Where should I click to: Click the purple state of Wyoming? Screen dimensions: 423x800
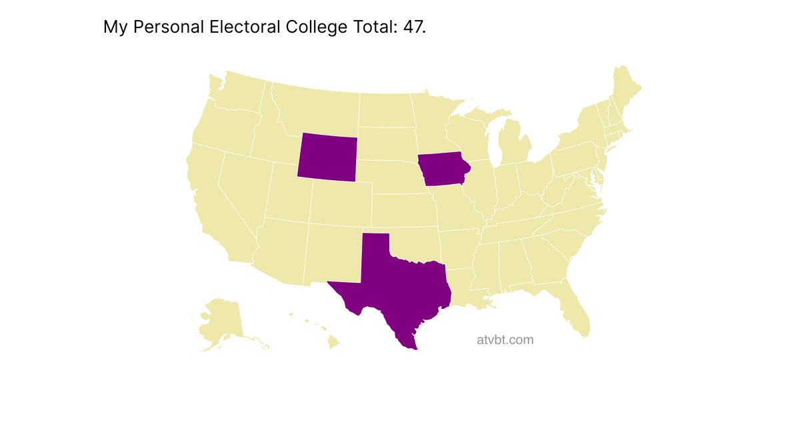point(327,156)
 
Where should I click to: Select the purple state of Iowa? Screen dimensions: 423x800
point(443,171)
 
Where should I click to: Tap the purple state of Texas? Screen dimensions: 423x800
point(400,287)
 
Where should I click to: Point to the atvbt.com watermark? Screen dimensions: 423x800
point(505,340)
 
